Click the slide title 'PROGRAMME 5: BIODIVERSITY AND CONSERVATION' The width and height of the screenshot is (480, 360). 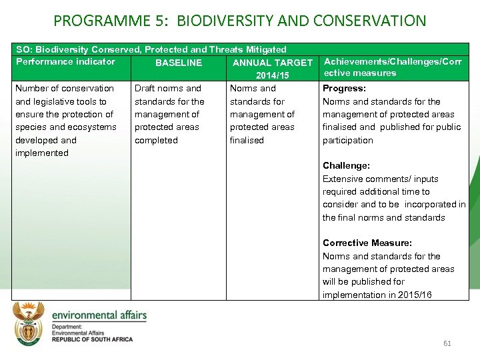click(x=239, y=21)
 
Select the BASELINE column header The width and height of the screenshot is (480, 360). click(x=178, y=63)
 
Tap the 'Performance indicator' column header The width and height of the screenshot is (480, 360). click(x=65, y=62)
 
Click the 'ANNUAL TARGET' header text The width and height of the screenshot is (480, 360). click(x=272, y=63)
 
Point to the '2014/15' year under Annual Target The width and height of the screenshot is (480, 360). click(x=272, y=75)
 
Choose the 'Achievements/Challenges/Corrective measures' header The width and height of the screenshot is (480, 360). click(x=392, y=67)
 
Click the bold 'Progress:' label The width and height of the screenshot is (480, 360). click(x=344, y=88)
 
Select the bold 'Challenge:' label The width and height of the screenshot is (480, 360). click(x=346, y=165)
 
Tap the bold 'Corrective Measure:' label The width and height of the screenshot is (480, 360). click(x=367, y=243)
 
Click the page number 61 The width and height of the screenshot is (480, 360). click(x=447, y=343)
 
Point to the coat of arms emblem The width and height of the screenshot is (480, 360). click(x=28, y=325)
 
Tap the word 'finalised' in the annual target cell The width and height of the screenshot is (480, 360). click(x=247, y=140)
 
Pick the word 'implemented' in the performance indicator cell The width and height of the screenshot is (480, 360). click(x=41, y=153)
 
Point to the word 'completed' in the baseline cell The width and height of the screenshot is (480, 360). click(x=156, y=140)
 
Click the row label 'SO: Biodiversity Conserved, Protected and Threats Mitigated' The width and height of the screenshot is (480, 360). click(x=151, y=49)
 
